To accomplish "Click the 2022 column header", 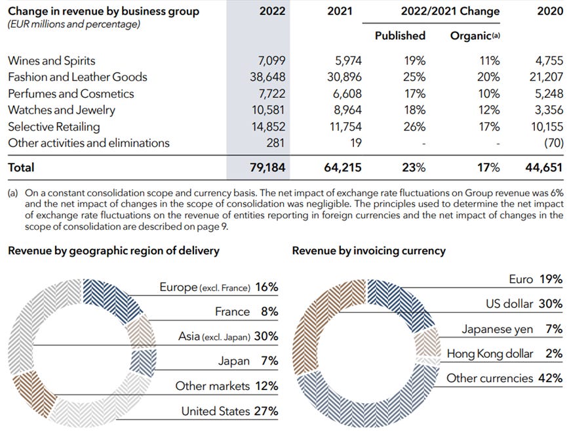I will pos(272,11).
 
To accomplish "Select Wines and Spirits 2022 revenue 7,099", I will pos(269,60).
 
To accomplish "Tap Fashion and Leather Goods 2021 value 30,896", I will pos(343,77).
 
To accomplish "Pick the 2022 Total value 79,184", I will pos(267,167).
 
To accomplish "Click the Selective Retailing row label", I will pos(54,126).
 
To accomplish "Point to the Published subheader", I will pos(400,35).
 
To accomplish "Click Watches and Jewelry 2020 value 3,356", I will pos(546,110).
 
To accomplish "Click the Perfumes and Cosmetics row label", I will pos(71,93).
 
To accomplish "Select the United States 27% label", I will pos(229,412).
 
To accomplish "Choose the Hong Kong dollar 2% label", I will pos(504,353).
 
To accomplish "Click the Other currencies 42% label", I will pos(504,378).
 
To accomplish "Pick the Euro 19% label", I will pos(536,279).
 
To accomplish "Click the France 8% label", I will pos(246,311).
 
